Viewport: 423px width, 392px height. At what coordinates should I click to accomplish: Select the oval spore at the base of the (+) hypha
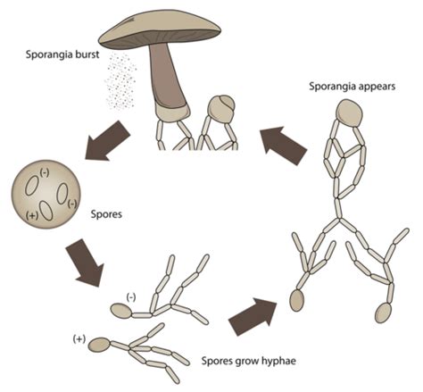pyautogui.click(x=100, y=346)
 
